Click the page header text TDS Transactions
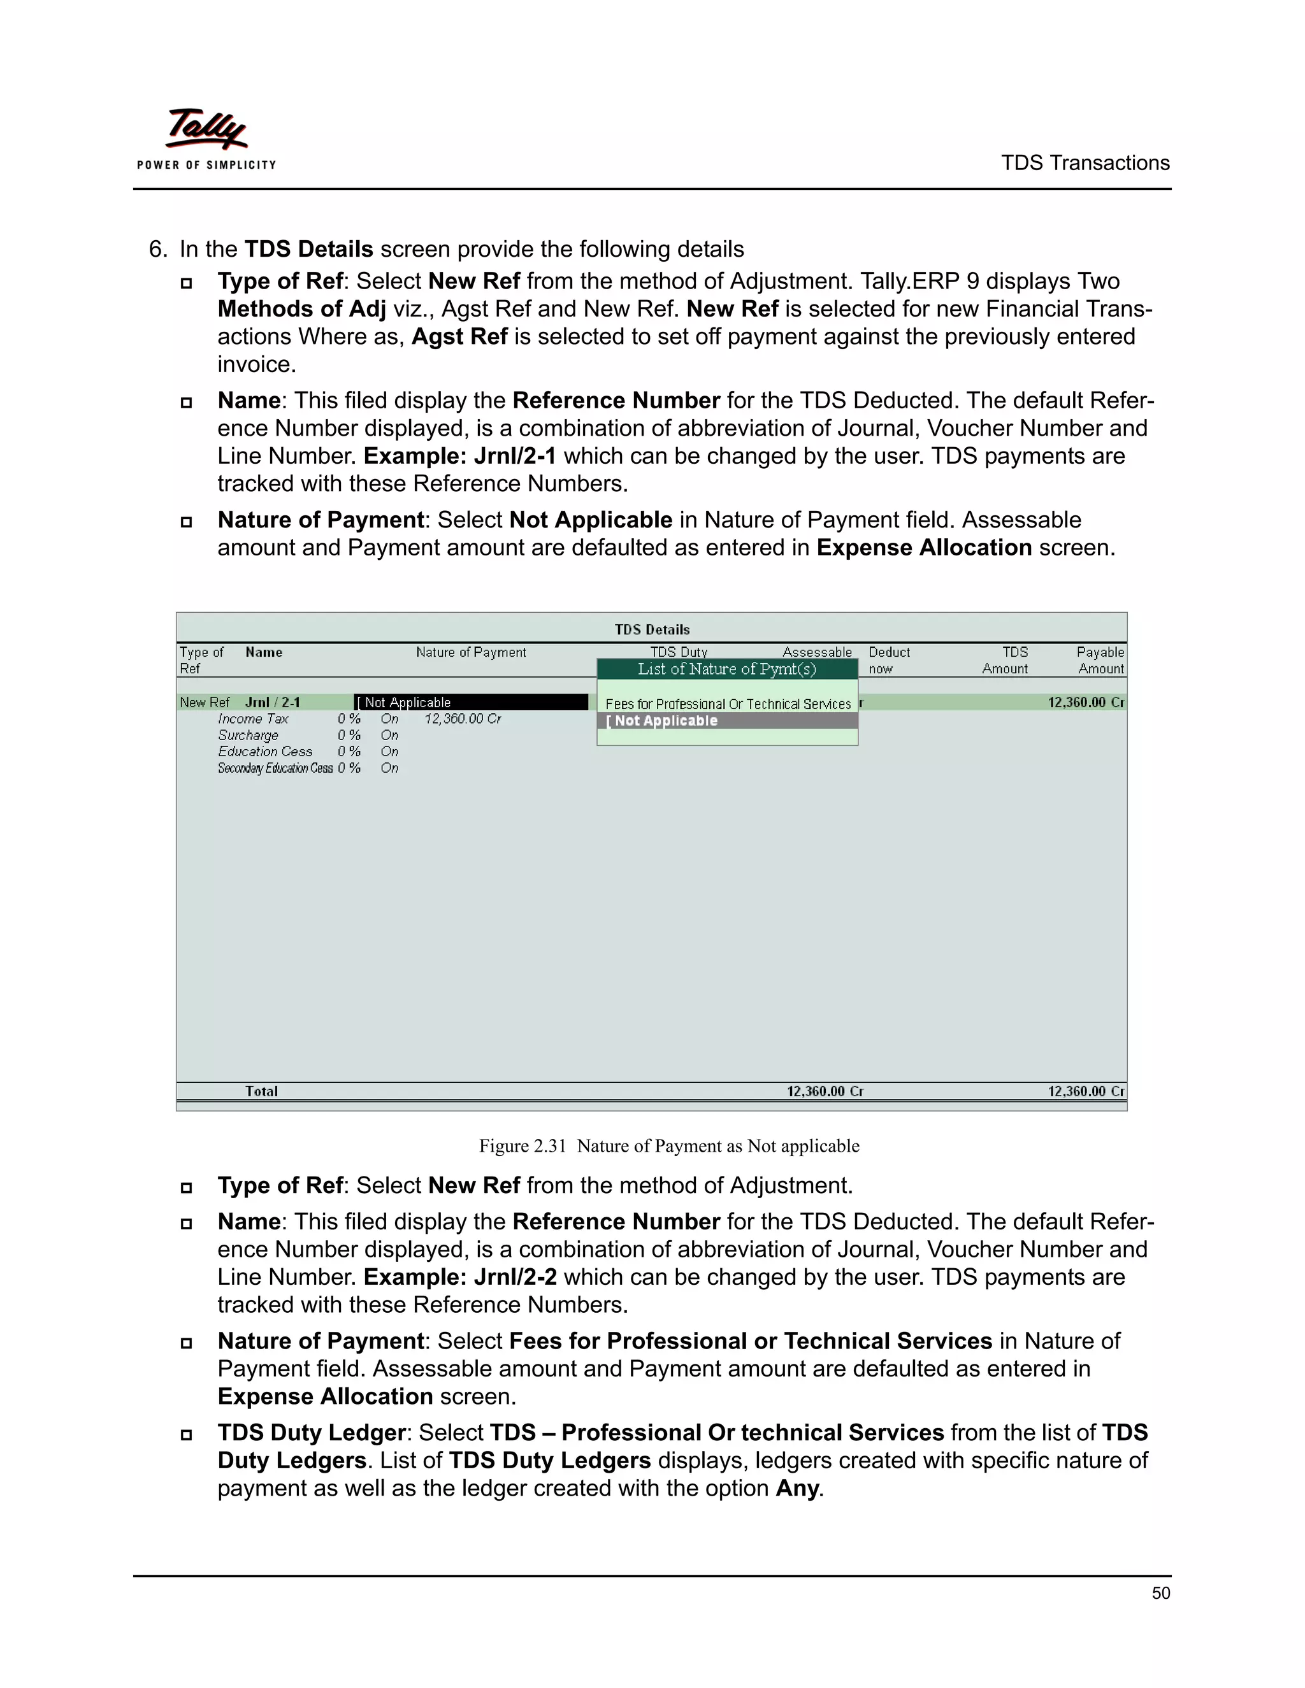[1085, 163]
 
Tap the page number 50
[1160, 1593]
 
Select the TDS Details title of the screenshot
[652, 629]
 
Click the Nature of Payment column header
[471, 652]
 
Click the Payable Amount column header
[1100, 660]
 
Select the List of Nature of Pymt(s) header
[726, 669]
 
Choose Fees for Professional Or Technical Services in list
[728, 704]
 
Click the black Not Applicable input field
[471, 703]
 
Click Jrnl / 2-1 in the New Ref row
[272, 703]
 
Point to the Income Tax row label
[253, 719]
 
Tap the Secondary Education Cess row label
[275, 768]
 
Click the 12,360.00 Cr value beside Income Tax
[463, 719]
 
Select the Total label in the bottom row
[261, 1091]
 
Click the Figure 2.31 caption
[668, 1145]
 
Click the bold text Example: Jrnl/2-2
[460, 1277]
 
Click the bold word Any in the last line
[797, 1488]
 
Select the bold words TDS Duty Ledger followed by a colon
[311, 1432]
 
